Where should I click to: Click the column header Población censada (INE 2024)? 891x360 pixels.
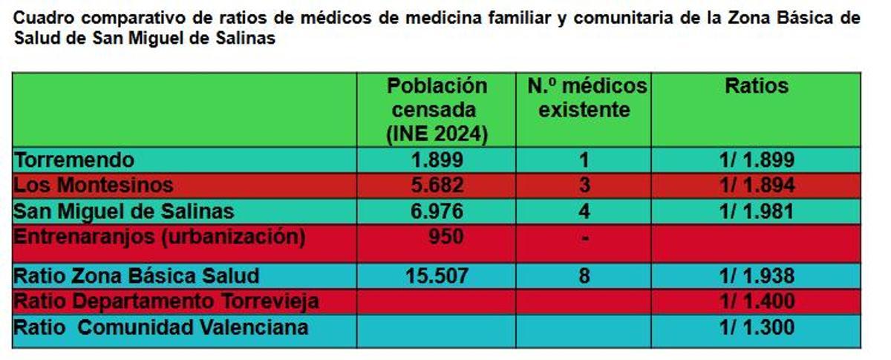(x=437, y=110)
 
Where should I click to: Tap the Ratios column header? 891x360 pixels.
(x=756, y=86)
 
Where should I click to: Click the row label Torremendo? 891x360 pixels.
(x=74, y=160)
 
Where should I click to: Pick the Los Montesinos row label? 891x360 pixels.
(x=94, y=185)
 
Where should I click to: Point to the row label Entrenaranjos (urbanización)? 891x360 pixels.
(x=160, y=237)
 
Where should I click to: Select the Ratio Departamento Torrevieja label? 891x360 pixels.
(x=167, y=301)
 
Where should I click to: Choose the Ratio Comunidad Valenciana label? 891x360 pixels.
(x=161, y=327)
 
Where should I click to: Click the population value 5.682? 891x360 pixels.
(x=437, y=185)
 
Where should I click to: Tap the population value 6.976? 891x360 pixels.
(x=437, y=211)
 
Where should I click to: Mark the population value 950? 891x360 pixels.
(x=446, y=237)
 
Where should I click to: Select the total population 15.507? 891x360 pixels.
(x=437, y=276)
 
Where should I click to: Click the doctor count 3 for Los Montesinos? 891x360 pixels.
(x=584, y=185)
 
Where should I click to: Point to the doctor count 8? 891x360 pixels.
(x=584, y=276)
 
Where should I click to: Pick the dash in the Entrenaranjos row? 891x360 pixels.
(x=584, y=239)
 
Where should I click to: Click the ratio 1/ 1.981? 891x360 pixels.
(x=757, y=211)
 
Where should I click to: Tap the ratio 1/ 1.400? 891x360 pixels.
(x=757, y=301)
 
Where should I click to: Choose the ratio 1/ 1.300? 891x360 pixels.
(x=757, y=327)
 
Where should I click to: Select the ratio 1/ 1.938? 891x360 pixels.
(x=757, y=276)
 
